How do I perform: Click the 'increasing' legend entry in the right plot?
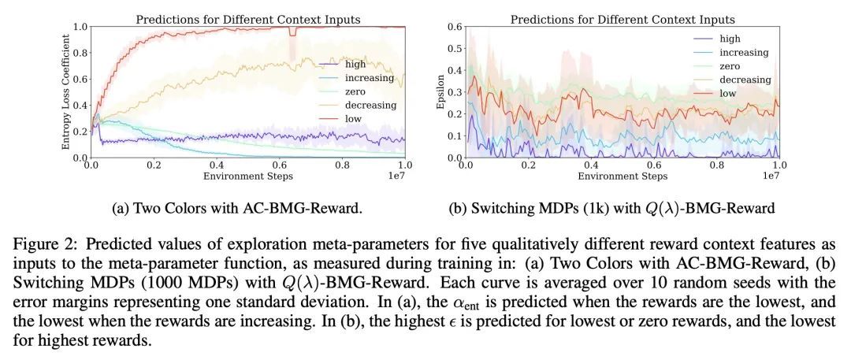pyautogui.click(x=743, y=52)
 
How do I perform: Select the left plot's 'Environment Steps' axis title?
pyautogui.click(x=247, y=176)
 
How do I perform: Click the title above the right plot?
pyautogui.click(x=622, y=19)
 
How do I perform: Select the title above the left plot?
pyautogui.click(x=247, y=19)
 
